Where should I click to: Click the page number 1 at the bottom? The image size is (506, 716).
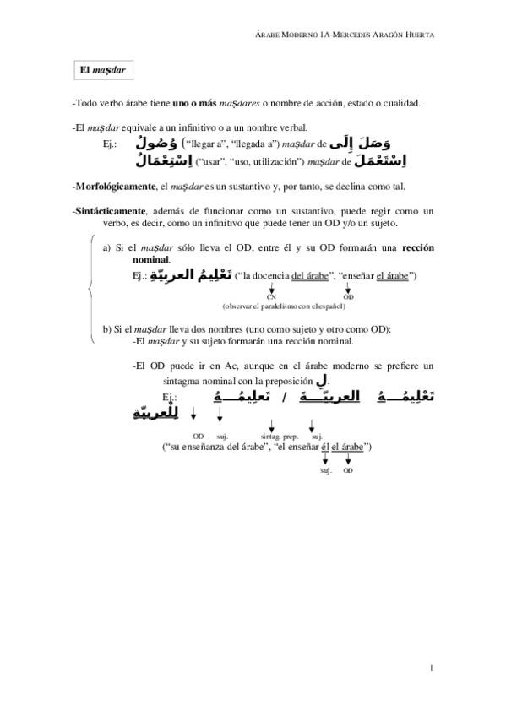click(431, 670)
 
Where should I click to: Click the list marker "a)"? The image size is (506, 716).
click(107, 248)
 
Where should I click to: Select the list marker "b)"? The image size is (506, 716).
click(107, 328)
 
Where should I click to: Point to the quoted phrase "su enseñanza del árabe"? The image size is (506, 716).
click(204, 447)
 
